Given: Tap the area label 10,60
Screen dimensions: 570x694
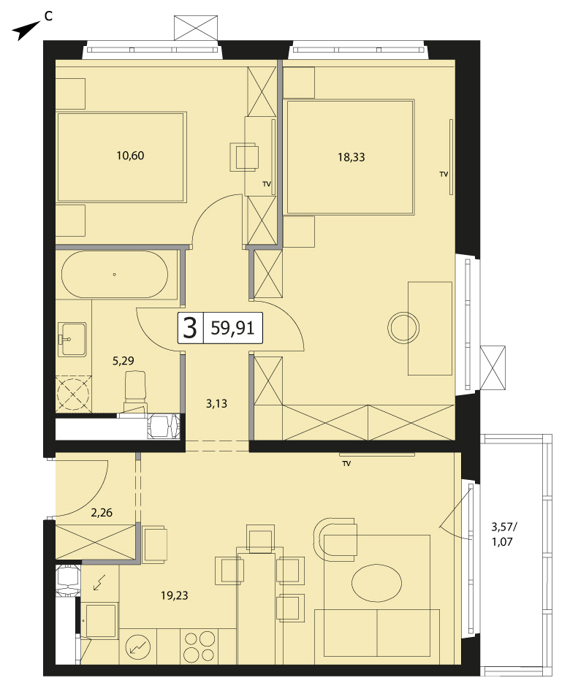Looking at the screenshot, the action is [x=130, y=156].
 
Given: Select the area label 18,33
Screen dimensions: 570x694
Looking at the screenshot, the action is [x=351, y=157].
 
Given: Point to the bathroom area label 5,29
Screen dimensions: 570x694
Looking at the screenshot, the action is [x=123, y=361].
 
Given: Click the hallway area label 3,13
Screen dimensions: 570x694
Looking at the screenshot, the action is [x=216, y=403].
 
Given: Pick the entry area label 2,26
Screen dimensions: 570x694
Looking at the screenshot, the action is [x=102, y=513].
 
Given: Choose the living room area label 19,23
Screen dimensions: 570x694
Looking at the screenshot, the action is [x=175, y=595].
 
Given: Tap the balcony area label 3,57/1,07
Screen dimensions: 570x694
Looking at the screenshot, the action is [x=504, y=534].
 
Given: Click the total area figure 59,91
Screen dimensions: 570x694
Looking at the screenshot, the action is [x=232, y=329].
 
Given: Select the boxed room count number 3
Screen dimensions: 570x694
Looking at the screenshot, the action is [x=190, y=329].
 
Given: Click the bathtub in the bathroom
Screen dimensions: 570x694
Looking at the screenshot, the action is [x=114, y=275].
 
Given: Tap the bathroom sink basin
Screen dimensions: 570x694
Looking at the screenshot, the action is [x=74, y=339].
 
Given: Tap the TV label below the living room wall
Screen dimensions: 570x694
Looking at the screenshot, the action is [x=346, y=464].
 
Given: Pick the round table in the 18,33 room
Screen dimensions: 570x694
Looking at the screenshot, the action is [x=403, y=328].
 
